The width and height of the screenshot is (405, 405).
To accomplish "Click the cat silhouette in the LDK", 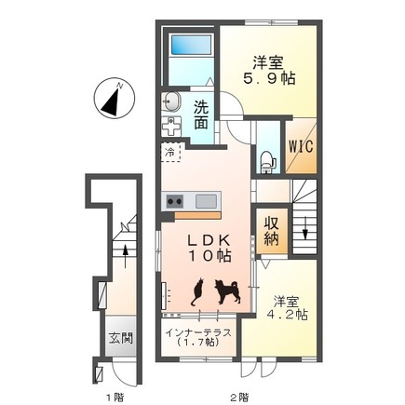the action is (x=197, y=291).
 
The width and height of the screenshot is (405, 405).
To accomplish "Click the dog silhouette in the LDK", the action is (x=227, y=291).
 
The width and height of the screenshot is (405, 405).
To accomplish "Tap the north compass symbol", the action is (x=115, y=98).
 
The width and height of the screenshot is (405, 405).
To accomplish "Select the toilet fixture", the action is (x=268, y=161).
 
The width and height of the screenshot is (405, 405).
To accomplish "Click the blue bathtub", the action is (x=192, y=45).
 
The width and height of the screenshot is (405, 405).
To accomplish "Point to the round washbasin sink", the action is (x=171, y=101).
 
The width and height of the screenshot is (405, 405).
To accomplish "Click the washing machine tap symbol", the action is (x=171, y=127).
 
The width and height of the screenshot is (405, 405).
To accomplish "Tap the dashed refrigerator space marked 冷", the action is (x=170, y=152).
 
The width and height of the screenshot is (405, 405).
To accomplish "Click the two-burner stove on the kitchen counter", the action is (x=174, y=201).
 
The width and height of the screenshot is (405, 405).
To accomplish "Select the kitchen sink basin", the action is (x=206, y=201).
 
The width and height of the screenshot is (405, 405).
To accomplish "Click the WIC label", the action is (x=301, y=146).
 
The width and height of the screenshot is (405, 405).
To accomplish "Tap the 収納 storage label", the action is (x=272, y=231).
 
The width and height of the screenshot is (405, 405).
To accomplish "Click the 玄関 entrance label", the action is (x=121, y=338).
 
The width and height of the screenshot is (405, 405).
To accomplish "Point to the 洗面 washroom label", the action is (x=201, y=115).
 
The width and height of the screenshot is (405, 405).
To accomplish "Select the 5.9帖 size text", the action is (x=269, y=79).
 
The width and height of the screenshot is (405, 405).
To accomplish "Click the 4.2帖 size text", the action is (x=288, y=315).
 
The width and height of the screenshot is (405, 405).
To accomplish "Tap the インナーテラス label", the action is (x=198, y=332).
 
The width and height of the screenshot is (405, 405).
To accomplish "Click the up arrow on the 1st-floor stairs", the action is (x=125, y=256).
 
